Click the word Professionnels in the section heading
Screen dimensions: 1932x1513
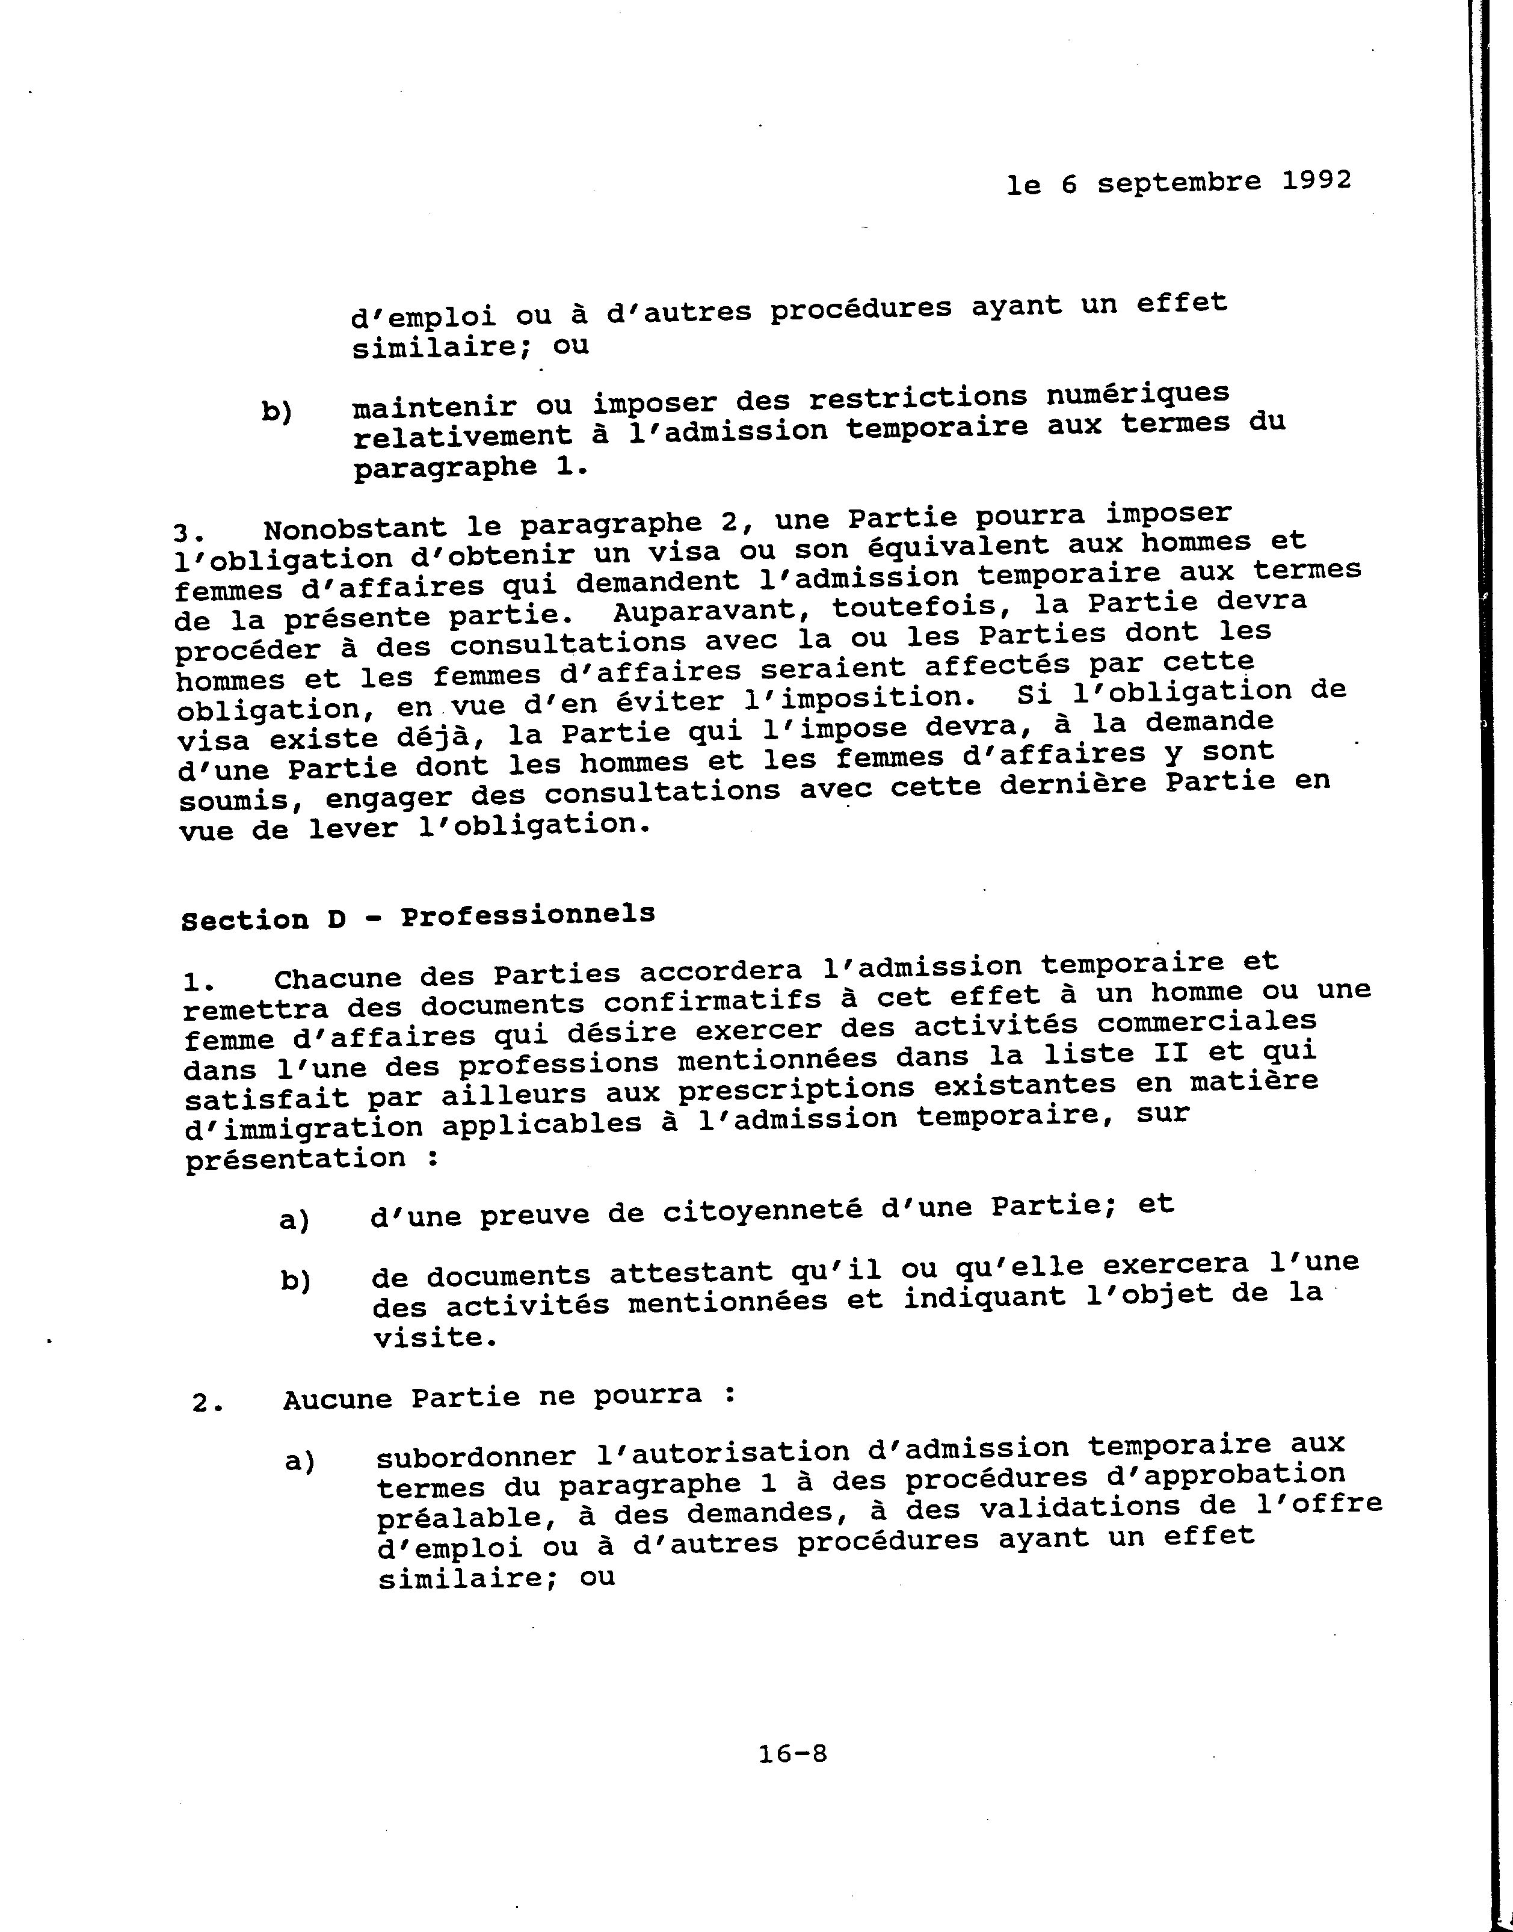528,914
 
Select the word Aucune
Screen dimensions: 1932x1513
337,1400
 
